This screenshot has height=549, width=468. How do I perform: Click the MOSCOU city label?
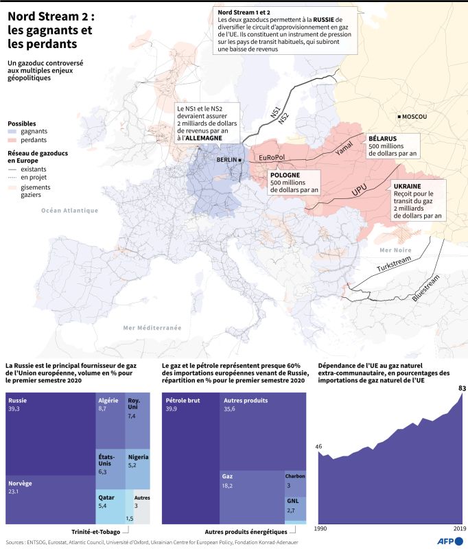[x=414, y=117]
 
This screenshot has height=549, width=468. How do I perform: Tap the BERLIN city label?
[x=226, y=160]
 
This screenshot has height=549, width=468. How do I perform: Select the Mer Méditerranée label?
[x=152, y=328]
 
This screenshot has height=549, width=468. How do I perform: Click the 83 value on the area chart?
[x=463, y=388]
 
